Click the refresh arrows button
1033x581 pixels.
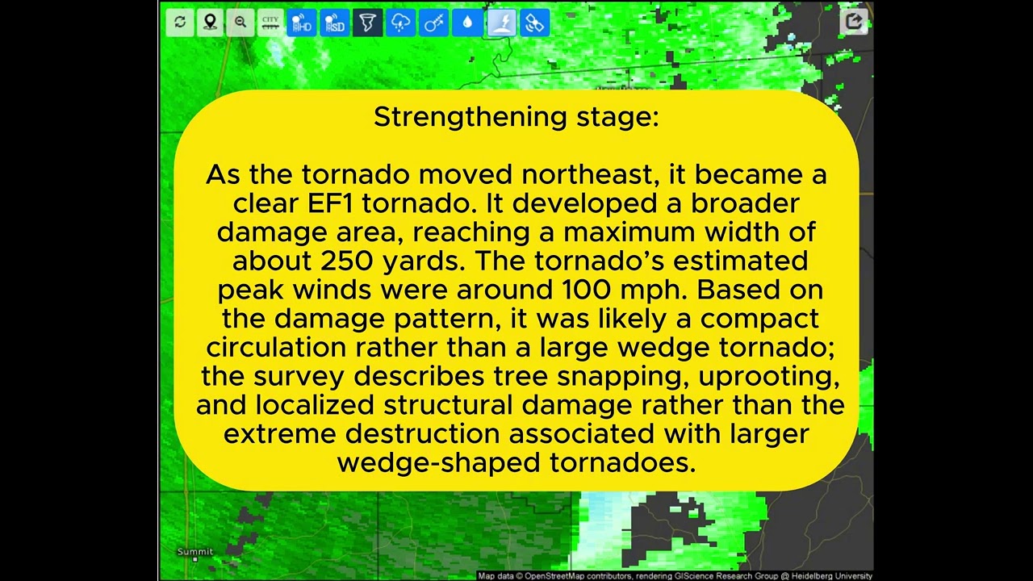(180, 22)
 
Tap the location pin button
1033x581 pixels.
(211, 22)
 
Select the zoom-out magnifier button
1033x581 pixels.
(240, 22)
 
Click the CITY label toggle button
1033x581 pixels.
(270, 22)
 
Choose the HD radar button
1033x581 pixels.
(302, 22)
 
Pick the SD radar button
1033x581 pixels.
(335, 22)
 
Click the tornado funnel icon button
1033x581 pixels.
(367, 22)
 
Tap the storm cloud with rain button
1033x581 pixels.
(401, 22)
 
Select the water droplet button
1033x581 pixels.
(467, 22)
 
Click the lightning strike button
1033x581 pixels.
(502, 22)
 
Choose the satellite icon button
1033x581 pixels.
(535, 22)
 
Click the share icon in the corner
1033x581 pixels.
(854, 22)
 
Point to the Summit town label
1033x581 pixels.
(195, 551)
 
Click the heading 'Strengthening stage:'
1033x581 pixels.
(516, 117)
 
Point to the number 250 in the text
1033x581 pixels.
(346, 261)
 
